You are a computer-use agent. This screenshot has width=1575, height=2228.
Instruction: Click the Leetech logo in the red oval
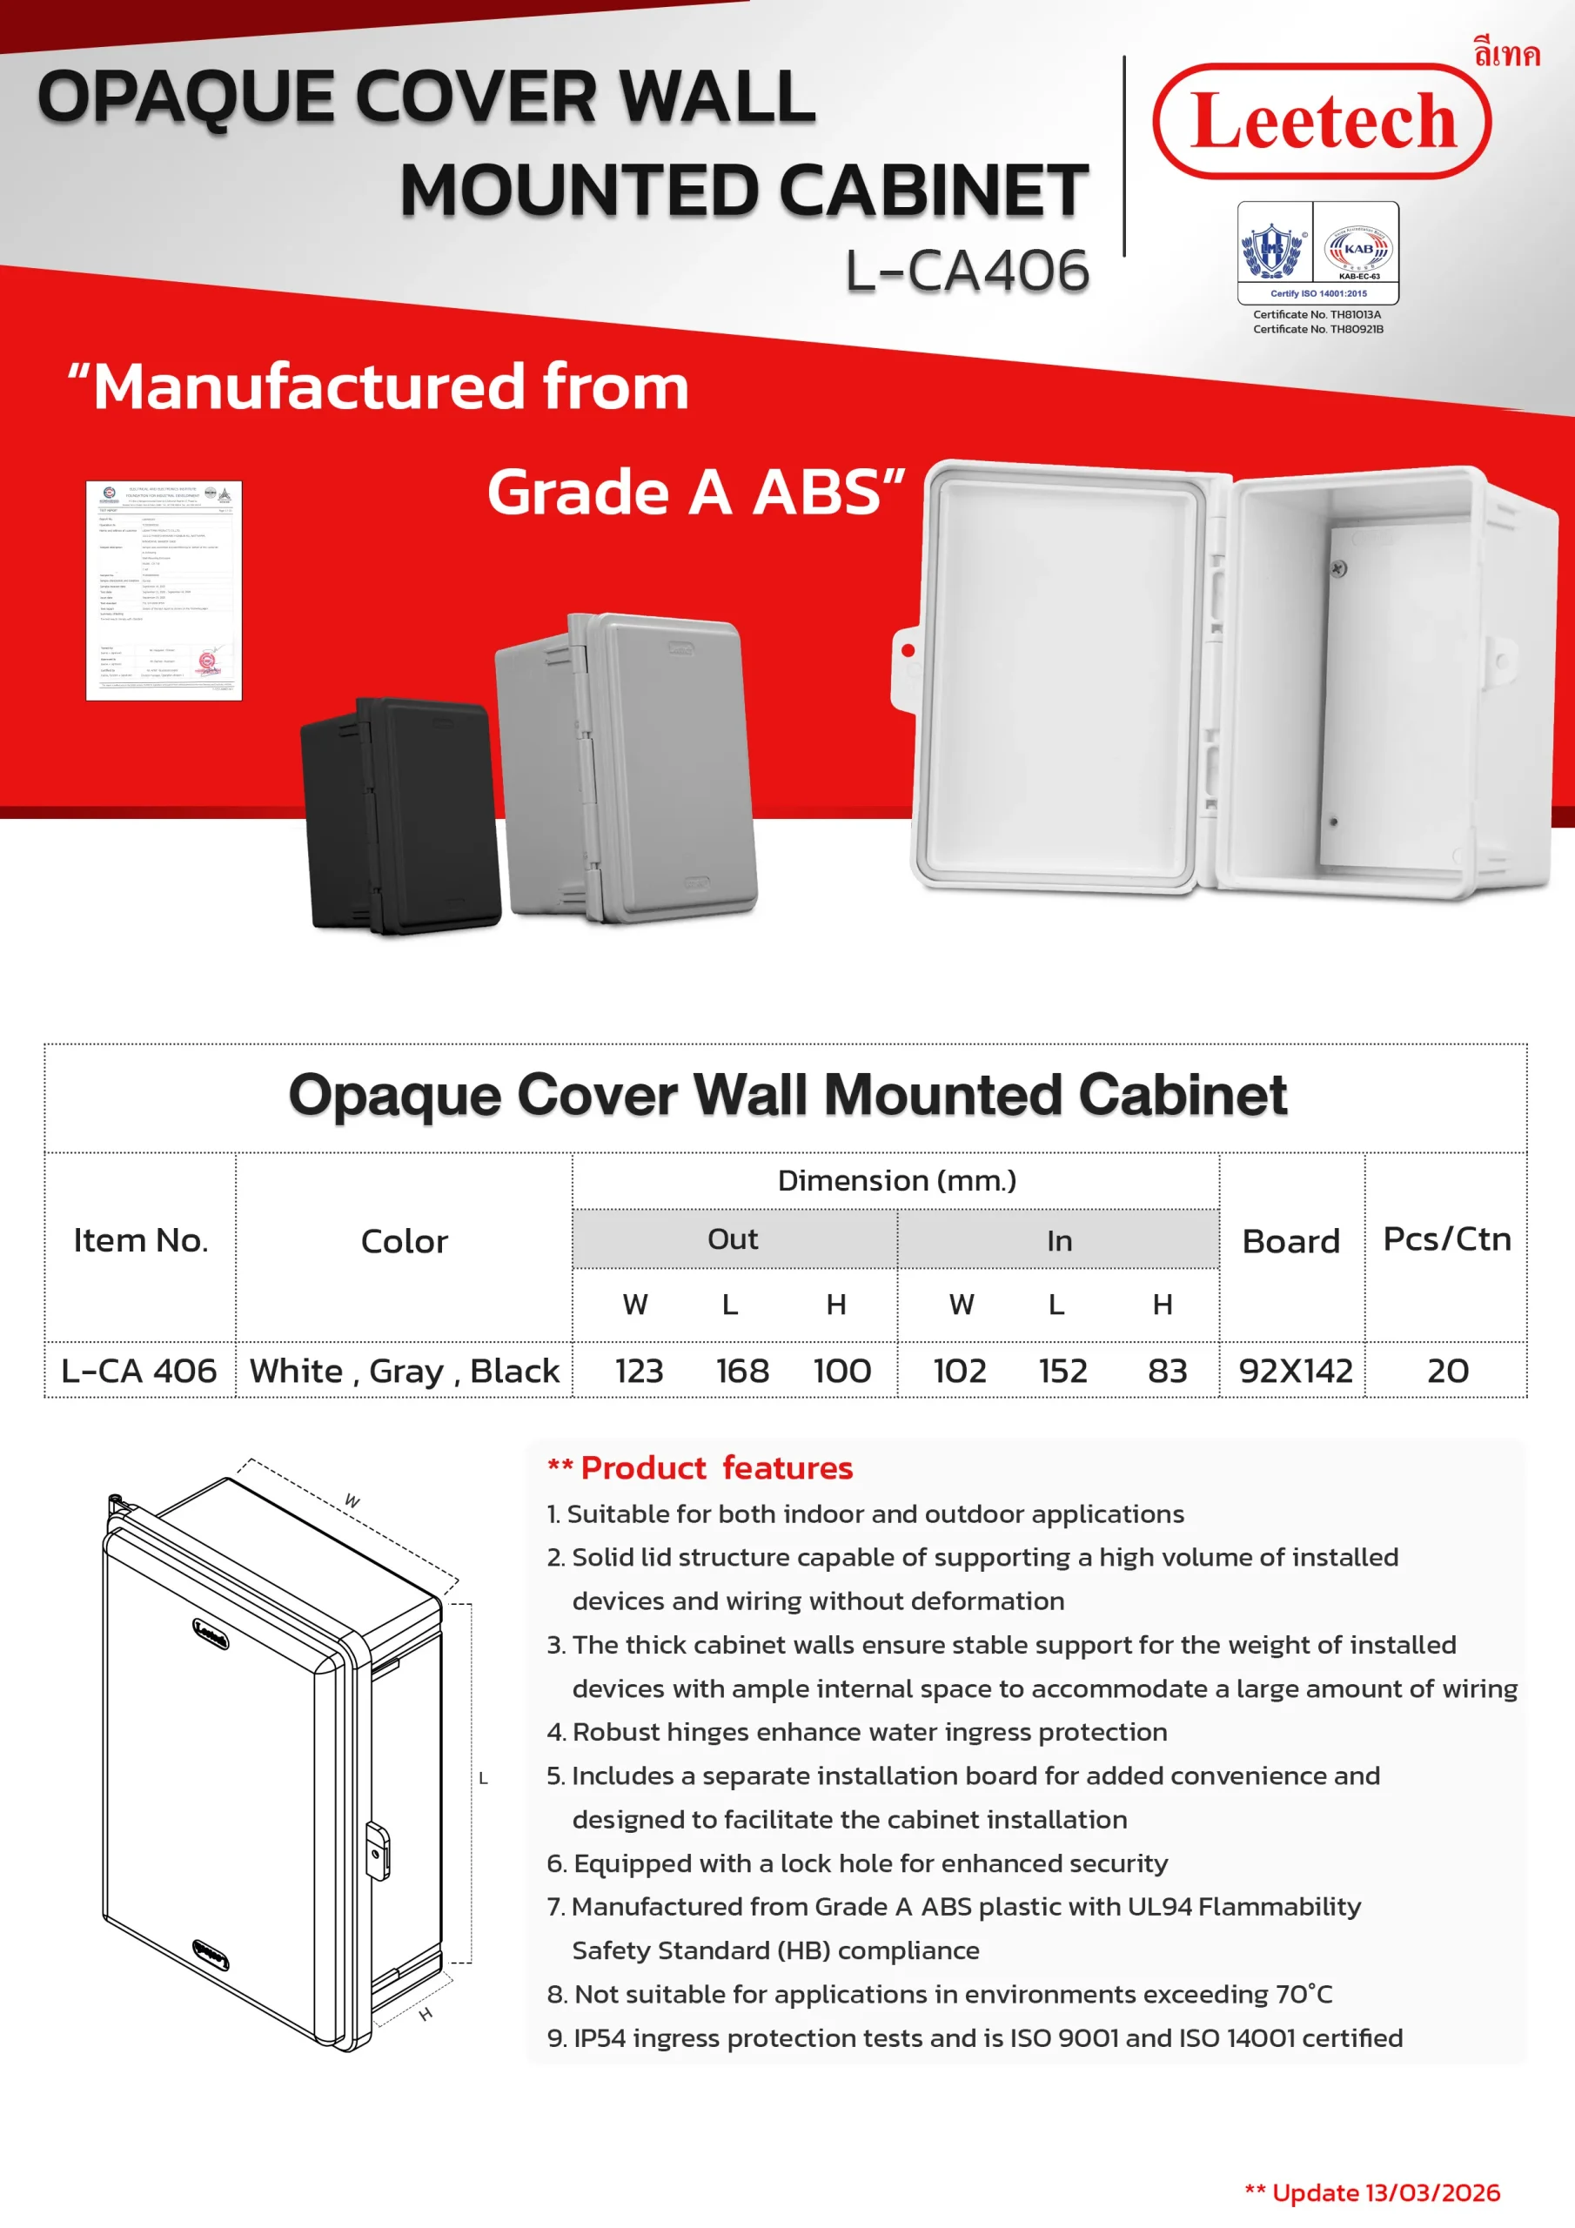click(1321, 121)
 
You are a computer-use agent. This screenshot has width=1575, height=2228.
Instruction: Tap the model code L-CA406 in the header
click(968, 270)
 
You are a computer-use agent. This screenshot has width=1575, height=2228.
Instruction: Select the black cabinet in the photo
click(399, 815)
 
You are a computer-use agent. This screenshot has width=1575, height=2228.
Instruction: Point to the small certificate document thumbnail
click(164, 590)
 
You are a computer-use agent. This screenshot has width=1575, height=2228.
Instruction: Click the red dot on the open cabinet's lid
click(908, 650)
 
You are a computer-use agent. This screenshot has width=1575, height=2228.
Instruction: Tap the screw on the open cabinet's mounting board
click(1338, 568)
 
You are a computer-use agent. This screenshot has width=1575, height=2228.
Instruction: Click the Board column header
click(1290, 1241)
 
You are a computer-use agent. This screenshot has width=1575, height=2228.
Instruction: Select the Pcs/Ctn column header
click(1446, 1239)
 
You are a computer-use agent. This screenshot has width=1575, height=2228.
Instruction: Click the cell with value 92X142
click(1295, 1371)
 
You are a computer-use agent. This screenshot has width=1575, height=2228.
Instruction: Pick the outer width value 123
click(639, 1371)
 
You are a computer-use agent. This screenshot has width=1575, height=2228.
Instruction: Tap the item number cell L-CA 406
click(138, 1371)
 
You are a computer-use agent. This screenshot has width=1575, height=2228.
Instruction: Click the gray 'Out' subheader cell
click(733, 1239)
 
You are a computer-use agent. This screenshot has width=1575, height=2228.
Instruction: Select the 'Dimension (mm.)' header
click(896, 1181)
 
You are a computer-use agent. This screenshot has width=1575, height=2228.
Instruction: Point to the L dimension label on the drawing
click(482, 1779)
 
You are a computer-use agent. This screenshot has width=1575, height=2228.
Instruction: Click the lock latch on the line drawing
click(378, 1851)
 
